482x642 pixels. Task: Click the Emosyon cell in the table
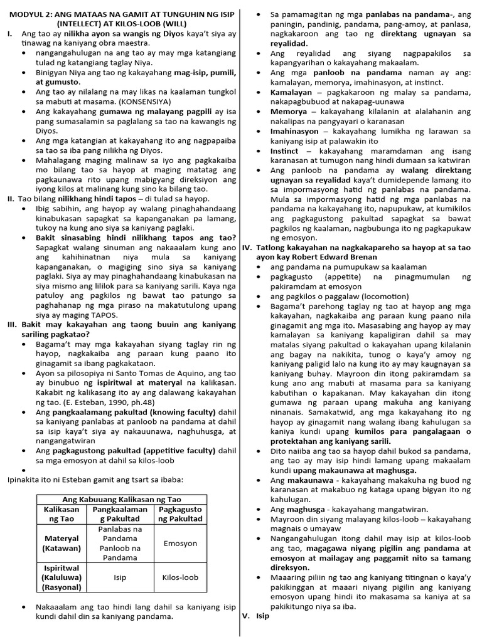pyautogui.click(x=181, y=544)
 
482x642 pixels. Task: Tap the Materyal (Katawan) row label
pyautogui.click(x=61, y=544)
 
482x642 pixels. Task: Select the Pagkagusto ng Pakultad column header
pyautogui.click(x=181, y=514)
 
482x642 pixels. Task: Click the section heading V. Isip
pyautogui.click(x=255, y=616)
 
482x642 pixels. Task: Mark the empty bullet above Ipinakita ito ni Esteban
pyautogui.click(x=24, y=469)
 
